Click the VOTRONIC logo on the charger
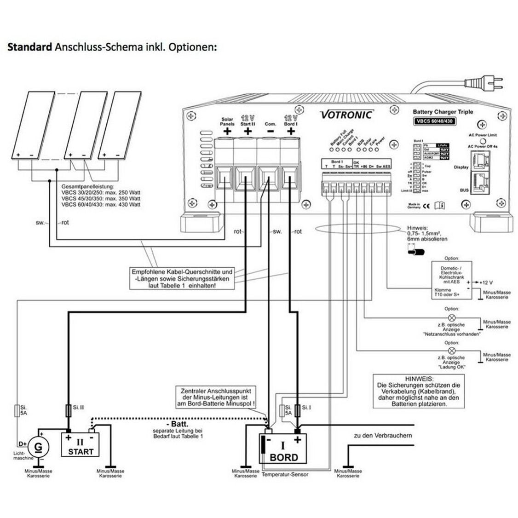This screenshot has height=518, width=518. click(347, 114)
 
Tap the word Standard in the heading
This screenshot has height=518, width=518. click(29, 47)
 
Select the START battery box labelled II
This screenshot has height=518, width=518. click(80, 444)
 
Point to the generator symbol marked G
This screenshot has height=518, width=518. click(39, 445)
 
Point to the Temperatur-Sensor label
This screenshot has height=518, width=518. click(285, 474)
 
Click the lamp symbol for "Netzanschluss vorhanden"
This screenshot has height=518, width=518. click(451, 318)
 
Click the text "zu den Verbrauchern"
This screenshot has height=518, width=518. click(383, 435)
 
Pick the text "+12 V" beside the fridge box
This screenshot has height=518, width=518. click(486, 282)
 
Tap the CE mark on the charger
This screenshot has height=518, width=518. click(426, 206)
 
